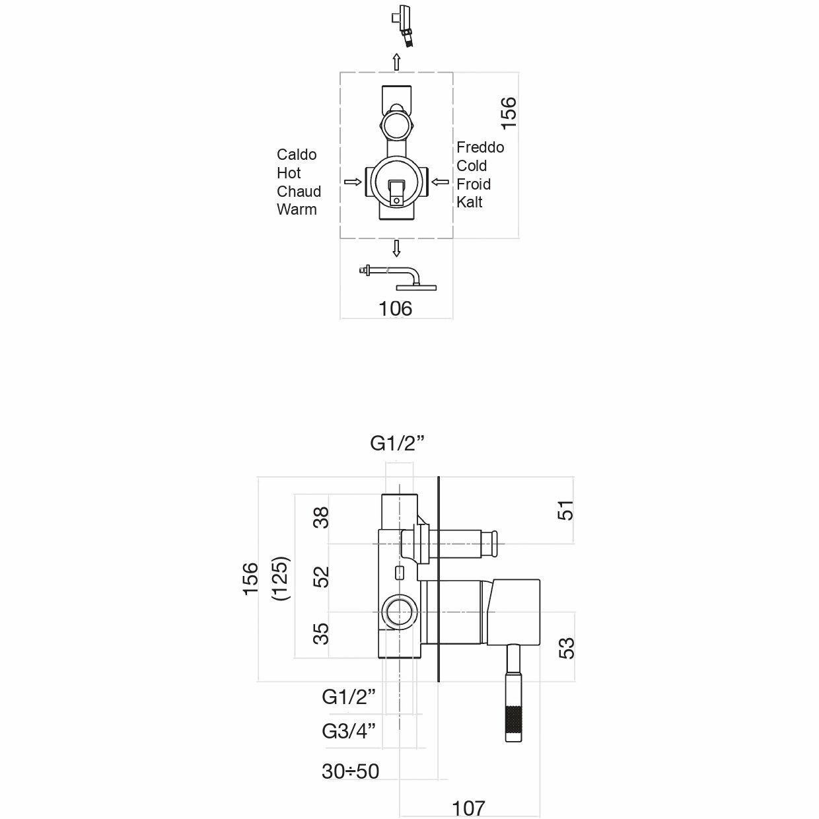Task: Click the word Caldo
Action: point(297,155)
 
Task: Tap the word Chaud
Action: point(299,192)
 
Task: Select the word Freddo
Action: point(480,147)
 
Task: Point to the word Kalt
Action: point(469,202)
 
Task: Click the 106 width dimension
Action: point(395,308)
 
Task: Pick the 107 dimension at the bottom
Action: point(468,808)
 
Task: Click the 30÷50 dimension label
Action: point(350,771)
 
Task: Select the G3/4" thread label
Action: point(349,731)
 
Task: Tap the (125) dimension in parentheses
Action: point(281,578)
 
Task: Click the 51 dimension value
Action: point(565,510)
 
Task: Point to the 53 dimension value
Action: point(567,648)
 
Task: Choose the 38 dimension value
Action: point(321,518)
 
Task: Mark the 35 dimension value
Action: point(321,633)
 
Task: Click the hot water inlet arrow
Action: point(353,182)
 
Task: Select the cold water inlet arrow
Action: point(440,182)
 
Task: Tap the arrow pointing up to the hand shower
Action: point(396,62)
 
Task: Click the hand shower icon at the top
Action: point(402,24)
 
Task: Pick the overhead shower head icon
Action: point(398,277)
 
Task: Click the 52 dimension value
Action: point(321,577)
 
